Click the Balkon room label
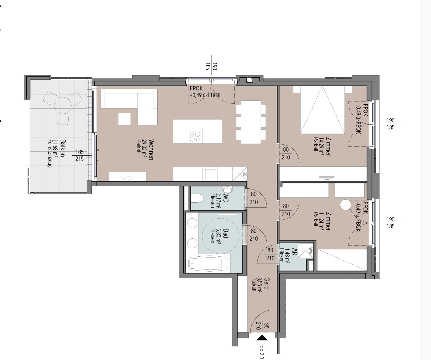pos(63,148)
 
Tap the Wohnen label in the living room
pos(151,150)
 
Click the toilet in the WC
pos(197,199)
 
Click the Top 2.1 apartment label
pos(262,351)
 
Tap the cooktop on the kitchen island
pos(195,136)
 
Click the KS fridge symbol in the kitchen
pos(240,174)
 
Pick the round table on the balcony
pos(63,105)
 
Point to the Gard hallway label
pos(267,284)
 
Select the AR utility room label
pos(295,252)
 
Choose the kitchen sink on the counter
pos(210,174)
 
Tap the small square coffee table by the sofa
pos(124,119)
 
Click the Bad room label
pos(225,233)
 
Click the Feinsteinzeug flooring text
pos(49,153)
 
